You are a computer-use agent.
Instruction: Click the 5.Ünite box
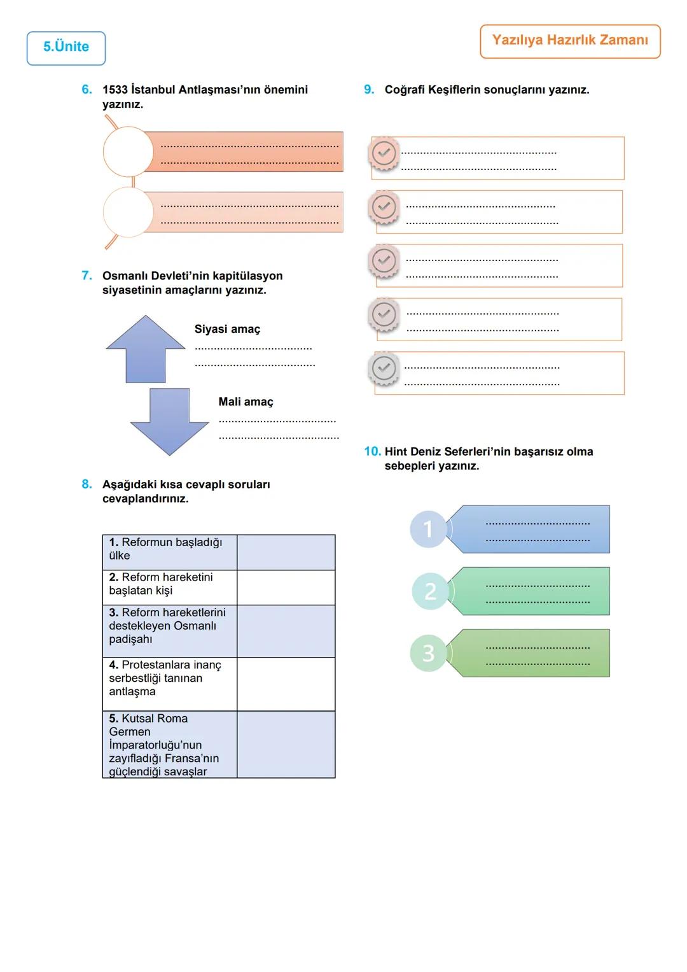(66, 48)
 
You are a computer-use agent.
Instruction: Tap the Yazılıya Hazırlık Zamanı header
(570, 41)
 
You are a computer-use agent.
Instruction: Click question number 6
(87, 90)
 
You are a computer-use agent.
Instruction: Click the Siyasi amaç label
(227, 329)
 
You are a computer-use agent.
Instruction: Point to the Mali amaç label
(246, 402)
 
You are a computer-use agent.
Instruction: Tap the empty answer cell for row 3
(286, 631)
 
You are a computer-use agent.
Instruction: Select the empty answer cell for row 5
(286, 744)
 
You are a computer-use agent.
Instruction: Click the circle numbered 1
(428, 529)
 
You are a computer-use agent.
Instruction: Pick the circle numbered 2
(430, 591)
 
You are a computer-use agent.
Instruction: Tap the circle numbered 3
(429, 653)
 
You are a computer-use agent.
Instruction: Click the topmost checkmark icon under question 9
(384, 153)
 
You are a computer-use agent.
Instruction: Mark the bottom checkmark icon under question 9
(384, 368)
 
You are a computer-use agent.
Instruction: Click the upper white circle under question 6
(128, 151)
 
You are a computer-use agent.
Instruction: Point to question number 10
(372, 451)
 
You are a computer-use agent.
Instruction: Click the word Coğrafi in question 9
(405, 90)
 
